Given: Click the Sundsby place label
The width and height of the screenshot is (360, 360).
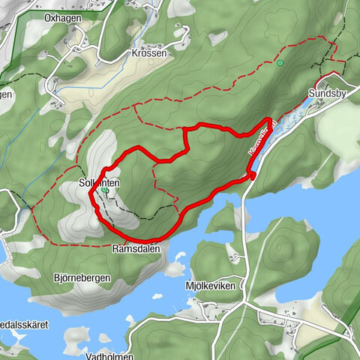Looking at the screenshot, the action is point(325,94).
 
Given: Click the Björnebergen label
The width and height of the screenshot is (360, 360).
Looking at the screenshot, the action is point(82,277).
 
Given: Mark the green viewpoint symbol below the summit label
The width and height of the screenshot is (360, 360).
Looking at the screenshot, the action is point(105,191).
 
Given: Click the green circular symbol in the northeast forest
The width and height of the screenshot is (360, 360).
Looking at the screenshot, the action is point(280,64).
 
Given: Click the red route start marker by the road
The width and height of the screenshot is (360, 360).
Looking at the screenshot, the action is point(253,175).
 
